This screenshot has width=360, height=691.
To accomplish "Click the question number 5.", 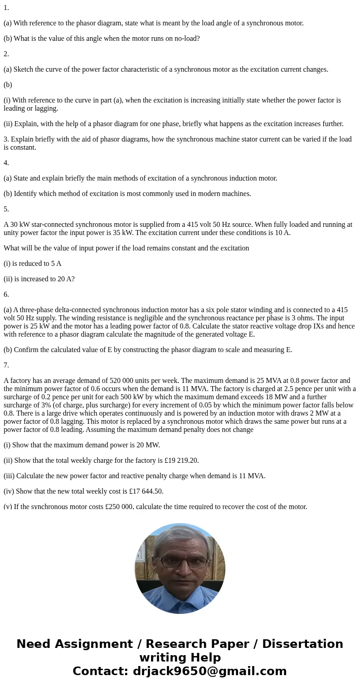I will click(6, 209).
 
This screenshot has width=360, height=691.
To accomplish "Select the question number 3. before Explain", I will click(6, 139).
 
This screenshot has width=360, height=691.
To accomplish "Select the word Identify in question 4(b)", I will click(27, 194).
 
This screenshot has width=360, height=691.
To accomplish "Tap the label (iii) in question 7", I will click(9, 476).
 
